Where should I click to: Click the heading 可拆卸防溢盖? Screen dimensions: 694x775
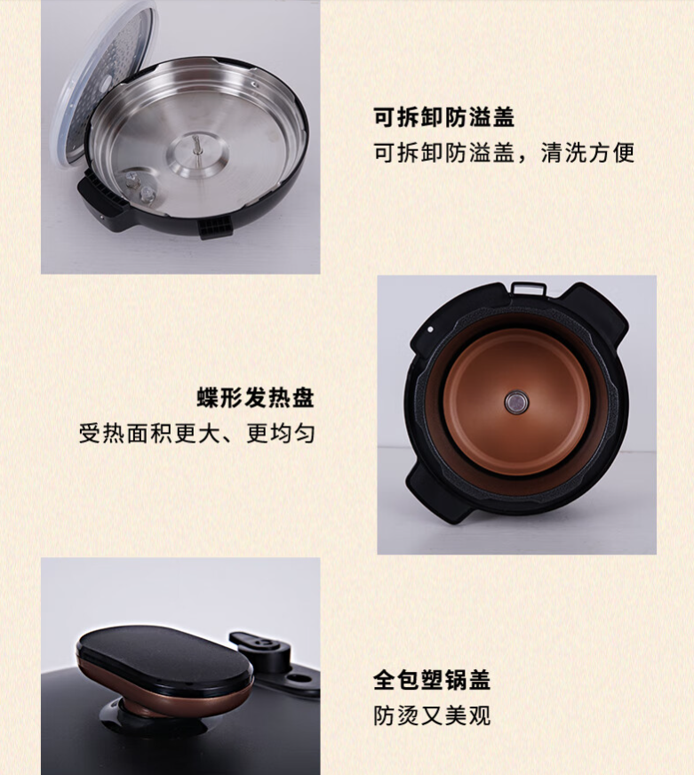click(x=443, y=117)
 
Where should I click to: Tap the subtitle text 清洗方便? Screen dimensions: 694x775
click(x=587, y=152)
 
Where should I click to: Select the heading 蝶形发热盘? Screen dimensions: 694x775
click(x=256, y=398)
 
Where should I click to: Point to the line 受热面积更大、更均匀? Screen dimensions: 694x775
click(x=196, y=434)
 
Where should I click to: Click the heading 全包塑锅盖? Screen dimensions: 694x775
click(x=432, y=680)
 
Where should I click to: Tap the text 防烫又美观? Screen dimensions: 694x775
click(x=432, y=715)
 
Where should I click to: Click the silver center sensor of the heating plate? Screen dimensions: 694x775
click(x=516, y=402)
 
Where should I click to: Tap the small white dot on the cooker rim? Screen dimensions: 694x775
click(x=431, y=329)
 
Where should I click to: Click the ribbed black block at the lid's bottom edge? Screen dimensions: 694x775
click(x=215, y=228)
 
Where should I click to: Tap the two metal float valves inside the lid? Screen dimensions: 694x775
click(x=140, y=187)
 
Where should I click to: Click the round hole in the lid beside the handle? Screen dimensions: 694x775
click(x=298, y=679)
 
